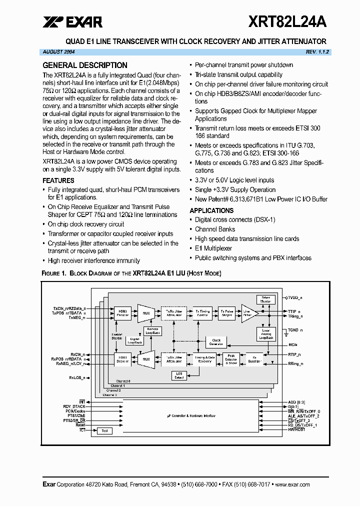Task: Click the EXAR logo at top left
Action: point(72,22)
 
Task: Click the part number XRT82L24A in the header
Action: point(287,22)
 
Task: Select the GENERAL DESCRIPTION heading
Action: point(85,65)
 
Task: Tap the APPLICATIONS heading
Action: point(211,210)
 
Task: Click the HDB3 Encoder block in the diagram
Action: point(122,313)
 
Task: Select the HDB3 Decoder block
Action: point(122,358)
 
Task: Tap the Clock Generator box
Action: point(216,342)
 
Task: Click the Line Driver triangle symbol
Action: point(248,312)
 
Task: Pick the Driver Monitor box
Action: point(265,300)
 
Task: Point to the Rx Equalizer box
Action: point(254,358)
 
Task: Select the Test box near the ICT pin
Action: point(104,430)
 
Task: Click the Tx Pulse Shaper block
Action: point(227,313)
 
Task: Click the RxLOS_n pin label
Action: point(77,378)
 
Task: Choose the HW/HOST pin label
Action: point(297,430)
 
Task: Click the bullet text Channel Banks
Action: point(215,229)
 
